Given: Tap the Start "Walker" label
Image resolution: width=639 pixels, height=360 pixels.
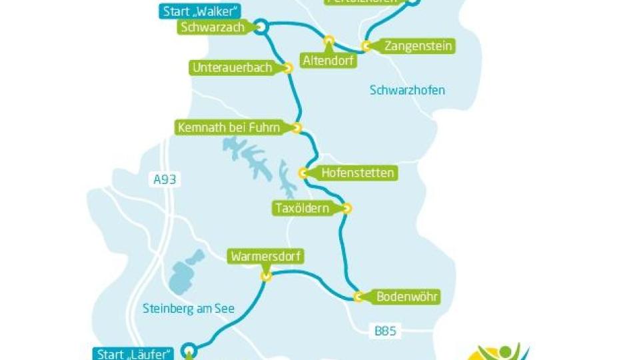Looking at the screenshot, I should [201, 11].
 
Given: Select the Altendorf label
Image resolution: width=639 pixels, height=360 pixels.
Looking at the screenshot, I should [328, 61].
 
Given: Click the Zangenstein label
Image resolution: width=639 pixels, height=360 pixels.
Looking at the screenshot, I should [418, 46].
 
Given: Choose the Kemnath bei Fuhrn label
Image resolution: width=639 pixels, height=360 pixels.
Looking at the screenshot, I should [229, 127].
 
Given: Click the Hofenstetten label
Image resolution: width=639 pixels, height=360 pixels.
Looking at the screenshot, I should [357, 173].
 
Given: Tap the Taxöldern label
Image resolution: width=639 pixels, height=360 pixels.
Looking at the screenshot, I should [303, 208].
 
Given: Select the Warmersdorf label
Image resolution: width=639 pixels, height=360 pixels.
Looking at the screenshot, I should [265, 256].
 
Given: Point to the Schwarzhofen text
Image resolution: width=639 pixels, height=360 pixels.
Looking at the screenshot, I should [407, 90].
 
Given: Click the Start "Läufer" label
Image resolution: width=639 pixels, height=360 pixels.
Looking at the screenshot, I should [133, 354].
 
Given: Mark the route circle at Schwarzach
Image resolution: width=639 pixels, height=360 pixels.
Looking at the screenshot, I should [260, 27].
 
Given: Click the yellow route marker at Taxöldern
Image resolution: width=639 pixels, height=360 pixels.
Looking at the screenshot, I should [346, 208].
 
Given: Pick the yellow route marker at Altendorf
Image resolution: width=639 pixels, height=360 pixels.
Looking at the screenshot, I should [328, 41].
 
